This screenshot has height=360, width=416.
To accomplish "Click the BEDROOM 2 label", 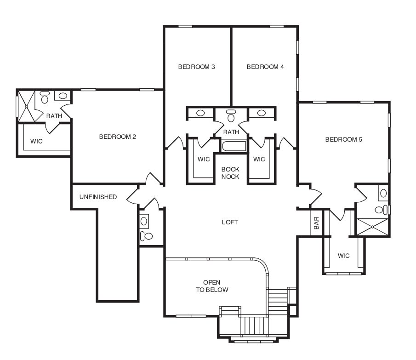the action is [118, 137].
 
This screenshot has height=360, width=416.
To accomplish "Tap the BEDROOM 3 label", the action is [197, 67].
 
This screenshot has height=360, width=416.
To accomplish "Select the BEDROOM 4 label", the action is [265, 67].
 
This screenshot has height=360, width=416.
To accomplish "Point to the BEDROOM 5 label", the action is [344, 140].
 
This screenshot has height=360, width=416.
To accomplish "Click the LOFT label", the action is [230, 223].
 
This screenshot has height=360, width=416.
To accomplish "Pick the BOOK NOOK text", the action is [230, 173].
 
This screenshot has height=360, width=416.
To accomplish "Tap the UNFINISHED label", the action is [98, 197].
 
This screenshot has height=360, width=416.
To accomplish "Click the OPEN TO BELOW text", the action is [212, 286].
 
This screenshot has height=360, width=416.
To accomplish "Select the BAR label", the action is [316, 223].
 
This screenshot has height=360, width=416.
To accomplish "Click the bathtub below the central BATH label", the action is [234, 147].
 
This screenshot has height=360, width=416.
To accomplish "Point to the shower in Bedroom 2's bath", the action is [27, 106].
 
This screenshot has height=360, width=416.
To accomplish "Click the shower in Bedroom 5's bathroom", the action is [372, 227].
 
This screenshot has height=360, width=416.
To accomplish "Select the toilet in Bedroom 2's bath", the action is [45, 97].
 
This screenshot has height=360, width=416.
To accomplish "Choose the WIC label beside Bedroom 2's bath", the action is [36, 141].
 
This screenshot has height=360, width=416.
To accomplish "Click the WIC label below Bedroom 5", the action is [343, 256].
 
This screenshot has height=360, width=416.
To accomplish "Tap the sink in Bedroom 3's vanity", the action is [200, 113].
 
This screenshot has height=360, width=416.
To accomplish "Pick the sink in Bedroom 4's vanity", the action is [262, 113].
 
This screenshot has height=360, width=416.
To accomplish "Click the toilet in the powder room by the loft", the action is [146, 236].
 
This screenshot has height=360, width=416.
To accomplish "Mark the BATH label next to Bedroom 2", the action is [54, 116].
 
